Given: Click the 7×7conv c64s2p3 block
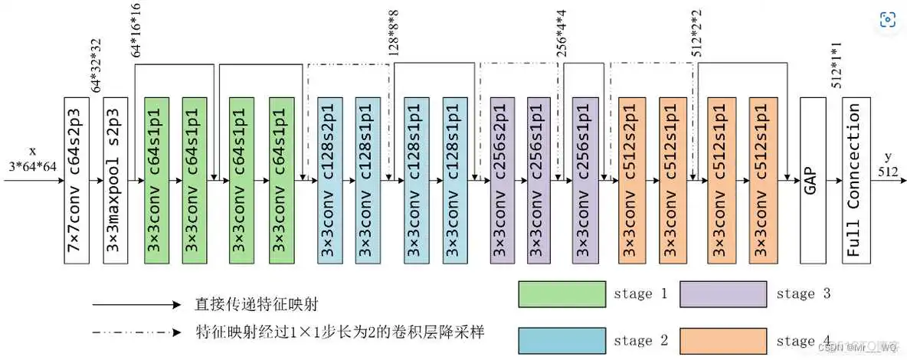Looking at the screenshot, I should [x=78, y=180].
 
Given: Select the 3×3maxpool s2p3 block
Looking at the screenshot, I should [x=116, y=180].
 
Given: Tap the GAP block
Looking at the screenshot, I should [x=812, y=180].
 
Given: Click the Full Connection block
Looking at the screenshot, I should [x=856, y=180].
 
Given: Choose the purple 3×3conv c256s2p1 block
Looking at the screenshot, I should [x=503, y=180].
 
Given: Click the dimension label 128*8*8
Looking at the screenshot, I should [x=393, y=37].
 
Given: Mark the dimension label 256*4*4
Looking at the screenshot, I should [x=562, y=37].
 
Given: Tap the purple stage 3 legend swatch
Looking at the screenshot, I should [x=723, y=293].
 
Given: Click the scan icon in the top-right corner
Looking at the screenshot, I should [x=888, y=20].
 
